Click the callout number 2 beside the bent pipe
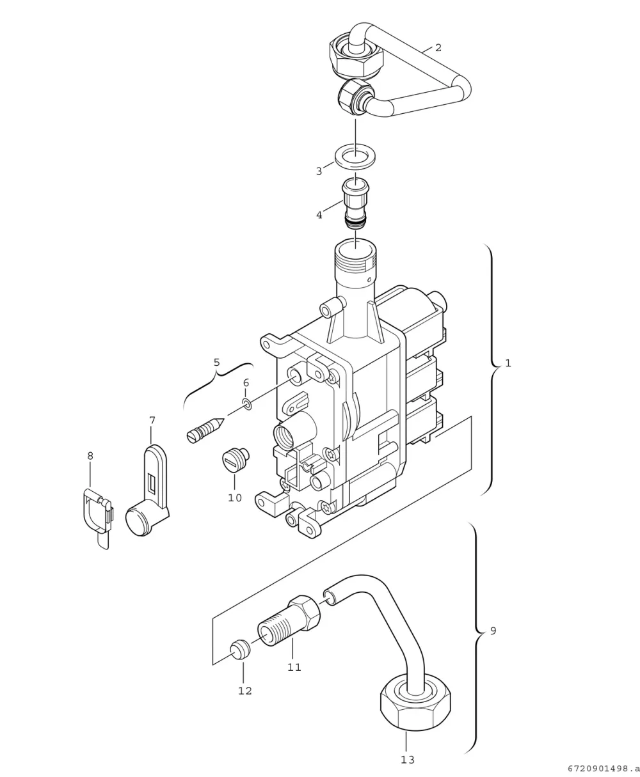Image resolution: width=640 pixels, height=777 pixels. [438, 48]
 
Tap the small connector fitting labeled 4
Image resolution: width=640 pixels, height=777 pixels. [355, 202]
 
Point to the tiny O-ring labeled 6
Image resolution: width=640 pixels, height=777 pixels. [247, 404]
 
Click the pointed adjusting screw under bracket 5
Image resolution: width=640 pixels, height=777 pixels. [205, 430]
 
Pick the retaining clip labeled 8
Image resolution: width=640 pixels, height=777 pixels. [97, 517]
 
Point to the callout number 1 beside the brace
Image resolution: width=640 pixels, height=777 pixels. [508, 363]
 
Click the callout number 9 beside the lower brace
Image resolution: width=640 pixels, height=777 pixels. [493, 631]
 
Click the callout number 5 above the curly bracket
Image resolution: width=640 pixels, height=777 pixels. [216, 362]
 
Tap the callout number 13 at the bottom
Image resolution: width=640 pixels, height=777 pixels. [408, 760]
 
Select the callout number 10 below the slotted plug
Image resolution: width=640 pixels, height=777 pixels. [235, 498]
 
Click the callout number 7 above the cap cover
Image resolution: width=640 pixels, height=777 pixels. [152, 420]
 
